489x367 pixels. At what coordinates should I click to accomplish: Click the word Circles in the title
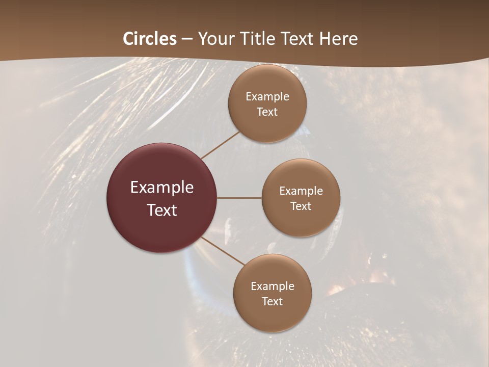pos(150,39)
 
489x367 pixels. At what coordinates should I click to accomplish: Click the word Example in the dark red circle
pos(162,188)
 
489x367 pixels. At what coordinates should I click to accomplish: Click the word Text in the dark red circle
pos(162,210)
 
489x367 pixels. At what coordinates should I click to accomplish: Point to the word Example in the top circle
pos(267,97)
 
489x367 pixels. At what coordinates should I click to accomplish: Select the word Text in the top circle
pos(267,112)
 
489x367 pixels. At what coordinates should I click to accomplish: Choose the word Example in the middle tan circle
pos(301,191)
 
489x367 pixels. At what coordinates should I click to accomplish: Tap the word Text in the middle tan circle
pos(301,206)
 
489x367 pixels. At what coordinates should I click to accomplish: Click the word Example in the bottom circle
pos(272,286)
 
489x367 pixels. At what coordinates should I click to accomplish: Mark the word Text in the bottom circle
pos(272,301)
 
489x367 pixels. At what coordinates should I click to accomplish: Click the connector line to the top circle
pos(221,145)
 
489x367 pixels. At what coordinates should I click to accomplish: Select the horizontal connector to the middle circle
pos(239,198)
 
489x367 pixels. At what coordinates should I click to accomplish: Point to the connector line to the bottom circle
pos(222,250)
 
